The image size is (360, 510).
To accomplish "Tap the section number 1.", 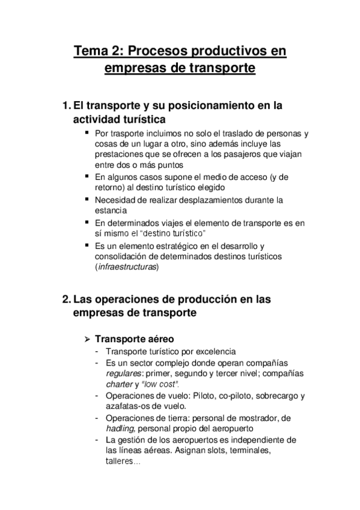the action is (66, 105).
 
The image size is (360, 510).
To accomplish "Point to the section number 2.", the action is (66, 298).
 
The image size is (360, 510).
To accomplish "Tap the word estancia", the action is (111, 210).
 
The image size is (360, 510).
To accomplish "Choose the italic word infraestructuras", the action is (127, 267).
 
